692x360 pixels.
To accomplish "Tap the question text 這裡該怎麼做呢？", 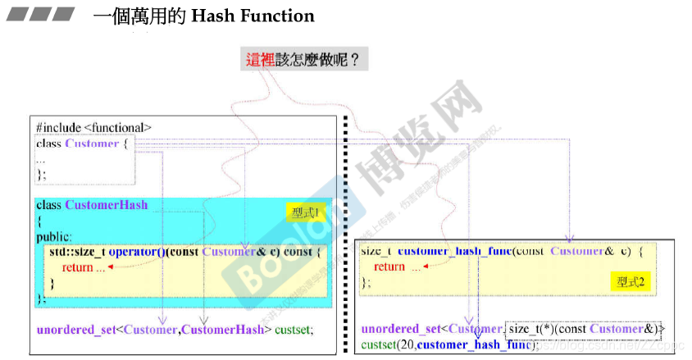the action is click(x=303, y=60).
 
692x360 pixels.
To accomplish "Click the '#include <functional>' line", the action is click(x=93, y=127).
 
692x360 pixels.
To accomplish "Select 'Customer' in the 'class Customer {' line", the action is click(x=92, y=144).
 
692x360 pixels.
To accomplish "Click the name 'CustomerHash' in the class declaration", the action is click(x=107, y=205).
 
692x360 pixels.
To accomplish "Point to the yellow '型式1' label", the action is click(x=304, y=212).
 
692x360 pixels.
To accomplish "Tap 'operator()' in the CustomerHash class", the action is click(x=137, y=252).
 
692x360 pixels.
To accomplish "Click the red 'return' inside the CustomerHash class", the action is click(x=77, y=267).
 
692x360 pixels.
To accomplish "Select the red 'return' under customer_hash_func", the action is click(x=389, y=267).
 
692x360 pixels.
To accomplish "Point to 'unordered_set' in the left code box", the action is click(x=75, y=330).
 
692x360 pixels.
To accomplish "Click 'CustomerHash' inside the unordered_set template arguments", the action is click(x=223, y=330).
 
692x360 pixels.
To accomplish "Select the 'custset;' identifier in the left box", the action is click(x=294, y=330).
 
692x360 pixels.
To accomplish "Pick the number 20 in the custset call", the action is click(x=405, y=345).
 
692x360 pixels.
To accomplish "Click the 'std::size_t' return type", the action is click(x=76, y=252).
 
